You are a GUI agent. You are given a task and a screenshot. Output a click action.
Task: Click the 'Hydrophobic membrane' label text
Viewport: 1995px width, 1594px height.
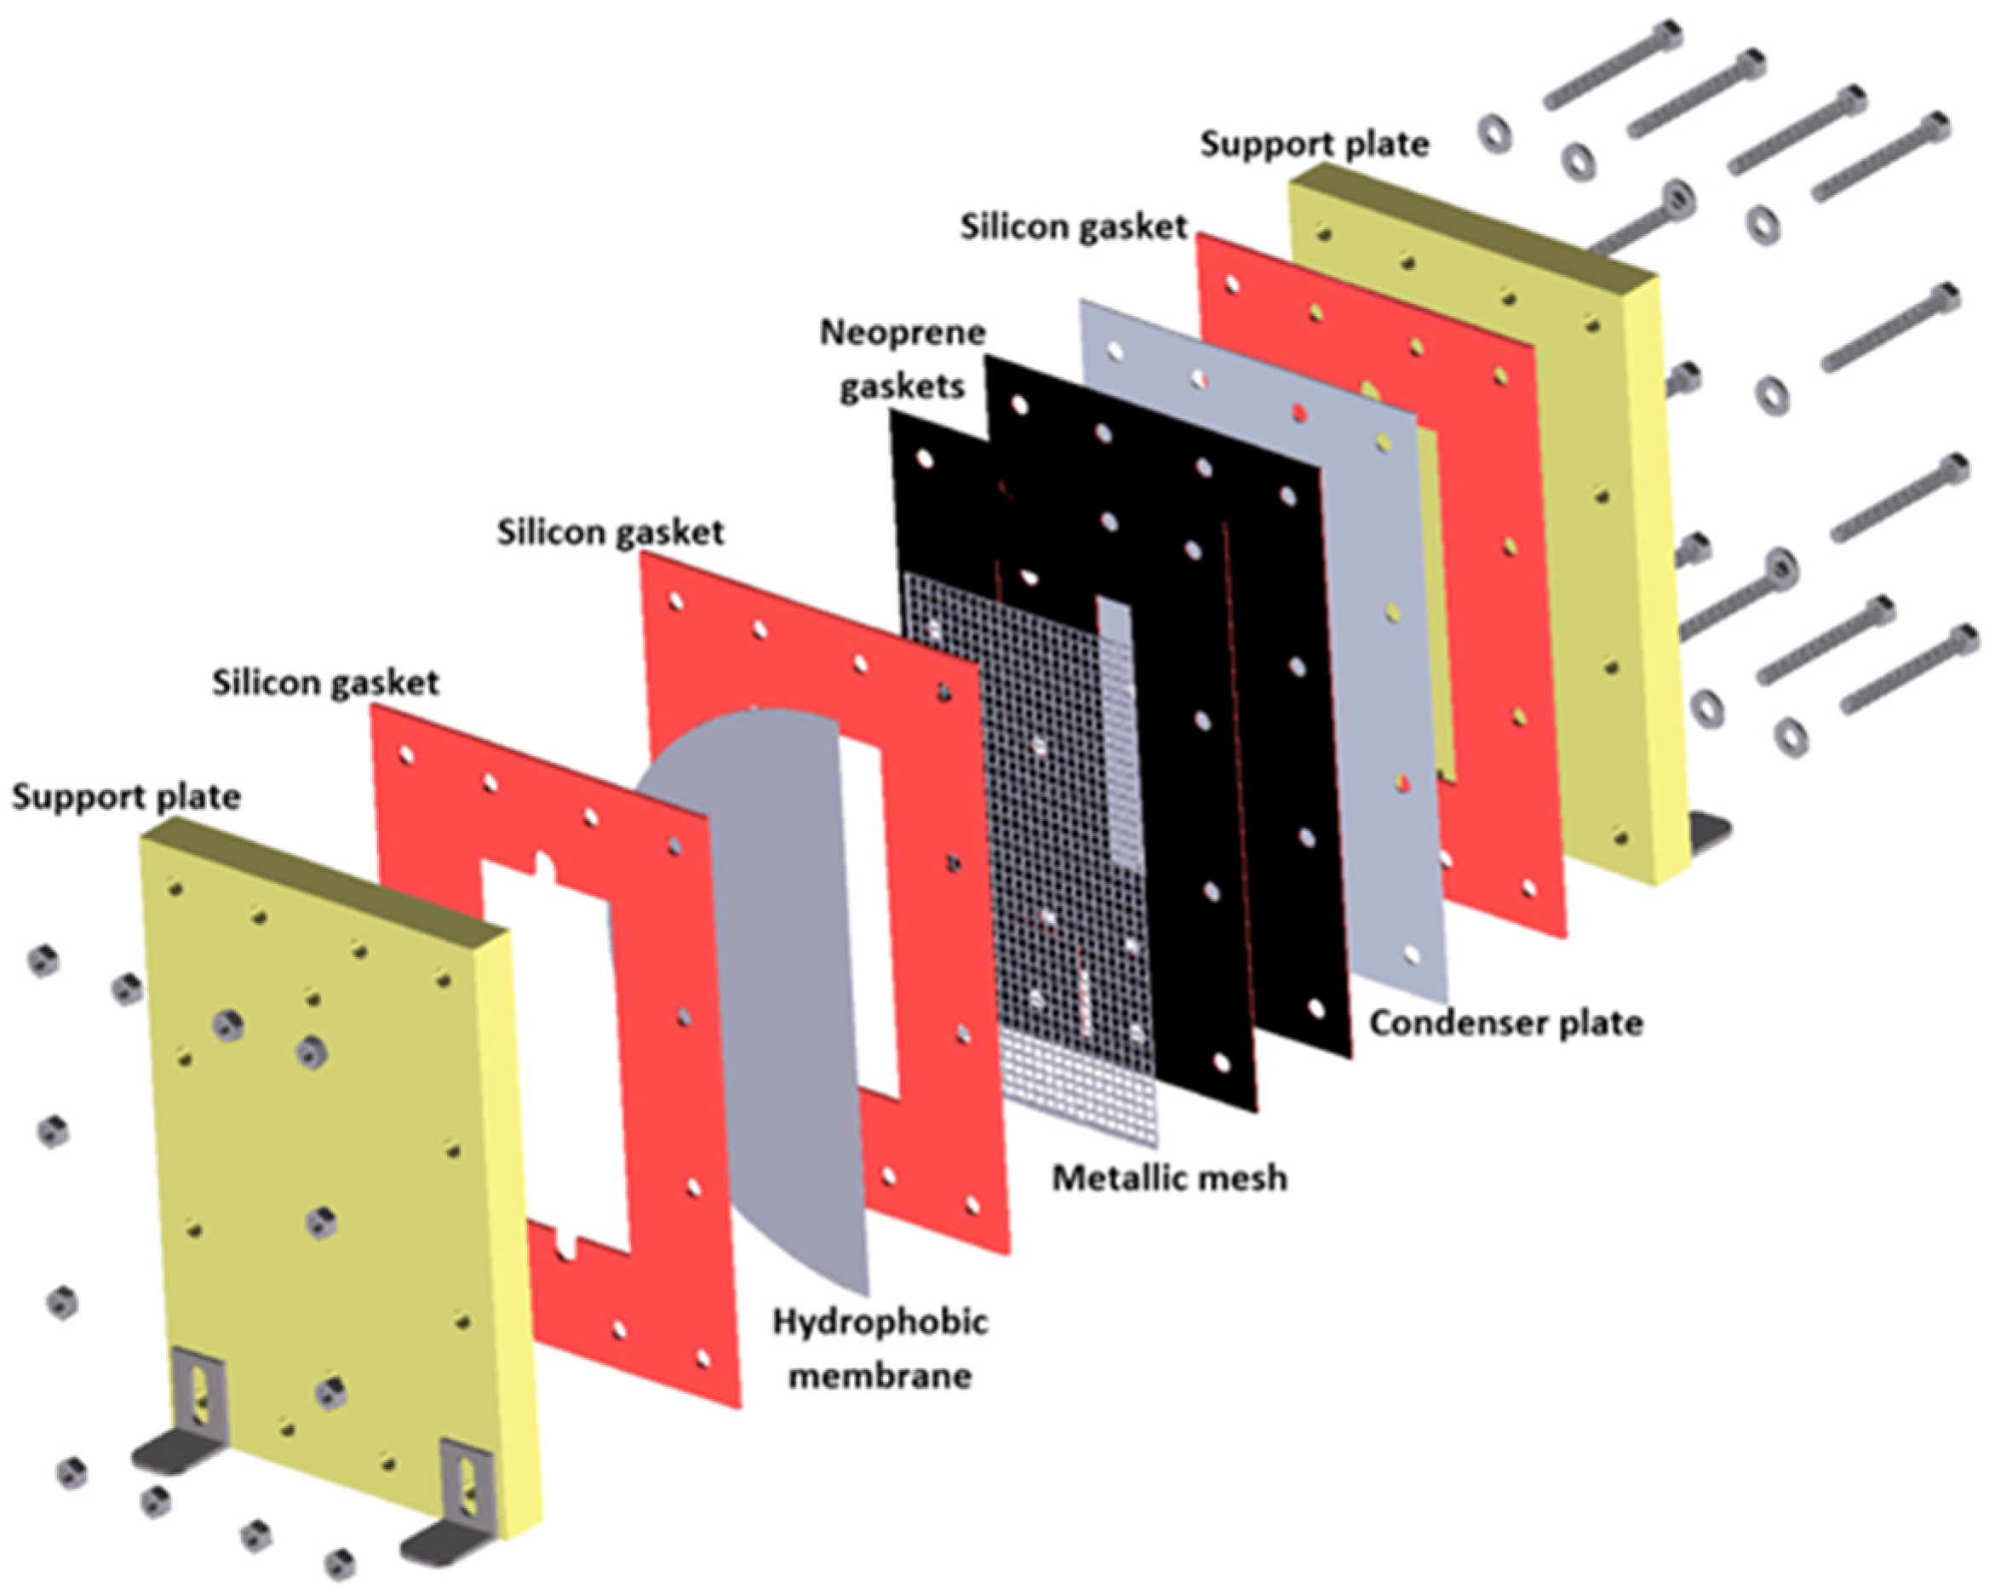click(880, 1349)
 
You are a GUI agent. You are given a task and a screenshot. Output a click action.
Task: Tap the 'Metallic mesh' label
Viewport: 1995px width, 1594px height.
click(1170, 1178)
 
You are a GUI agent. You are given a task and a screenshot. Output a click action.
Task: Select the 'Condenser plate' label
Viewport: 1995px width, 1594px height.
click(1505, 1023)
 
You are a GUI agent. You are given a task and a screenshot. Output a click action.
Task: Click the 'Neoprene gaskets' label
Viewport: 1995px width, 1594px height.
click(903, 359)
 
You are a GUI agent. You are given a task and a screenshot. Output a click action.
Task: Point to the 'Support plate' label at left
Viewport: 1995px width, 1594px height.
click(126, 798)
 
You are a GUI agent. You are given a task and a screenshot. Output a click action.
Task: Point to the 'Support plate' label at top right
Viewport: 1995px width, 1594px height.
click(1314, 144)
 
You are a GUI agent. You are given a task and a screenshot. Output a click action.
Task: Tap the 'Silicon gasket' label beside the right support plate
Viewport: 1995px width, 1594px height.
click(1073, 226)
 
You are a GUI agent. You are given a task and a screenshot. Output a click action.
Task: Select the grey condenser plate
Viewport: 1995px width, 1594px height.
click(1388, 694)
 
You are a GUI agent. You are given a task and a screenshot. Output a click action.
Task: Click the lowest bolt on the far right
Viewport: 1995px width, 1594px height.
click(1911, 670)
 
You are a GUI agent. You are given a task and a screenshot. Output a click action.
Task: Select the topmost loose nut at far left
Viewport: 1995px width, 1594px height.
click(42, 960)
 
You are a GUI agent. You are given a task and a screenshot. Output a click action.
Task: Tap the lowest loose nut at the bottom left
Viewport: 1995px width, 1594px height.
click(340, 1563)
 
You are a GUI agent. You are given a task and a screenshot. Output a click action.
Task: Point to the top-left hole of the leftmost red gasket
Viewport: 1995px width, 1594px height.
click(404, 756)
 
